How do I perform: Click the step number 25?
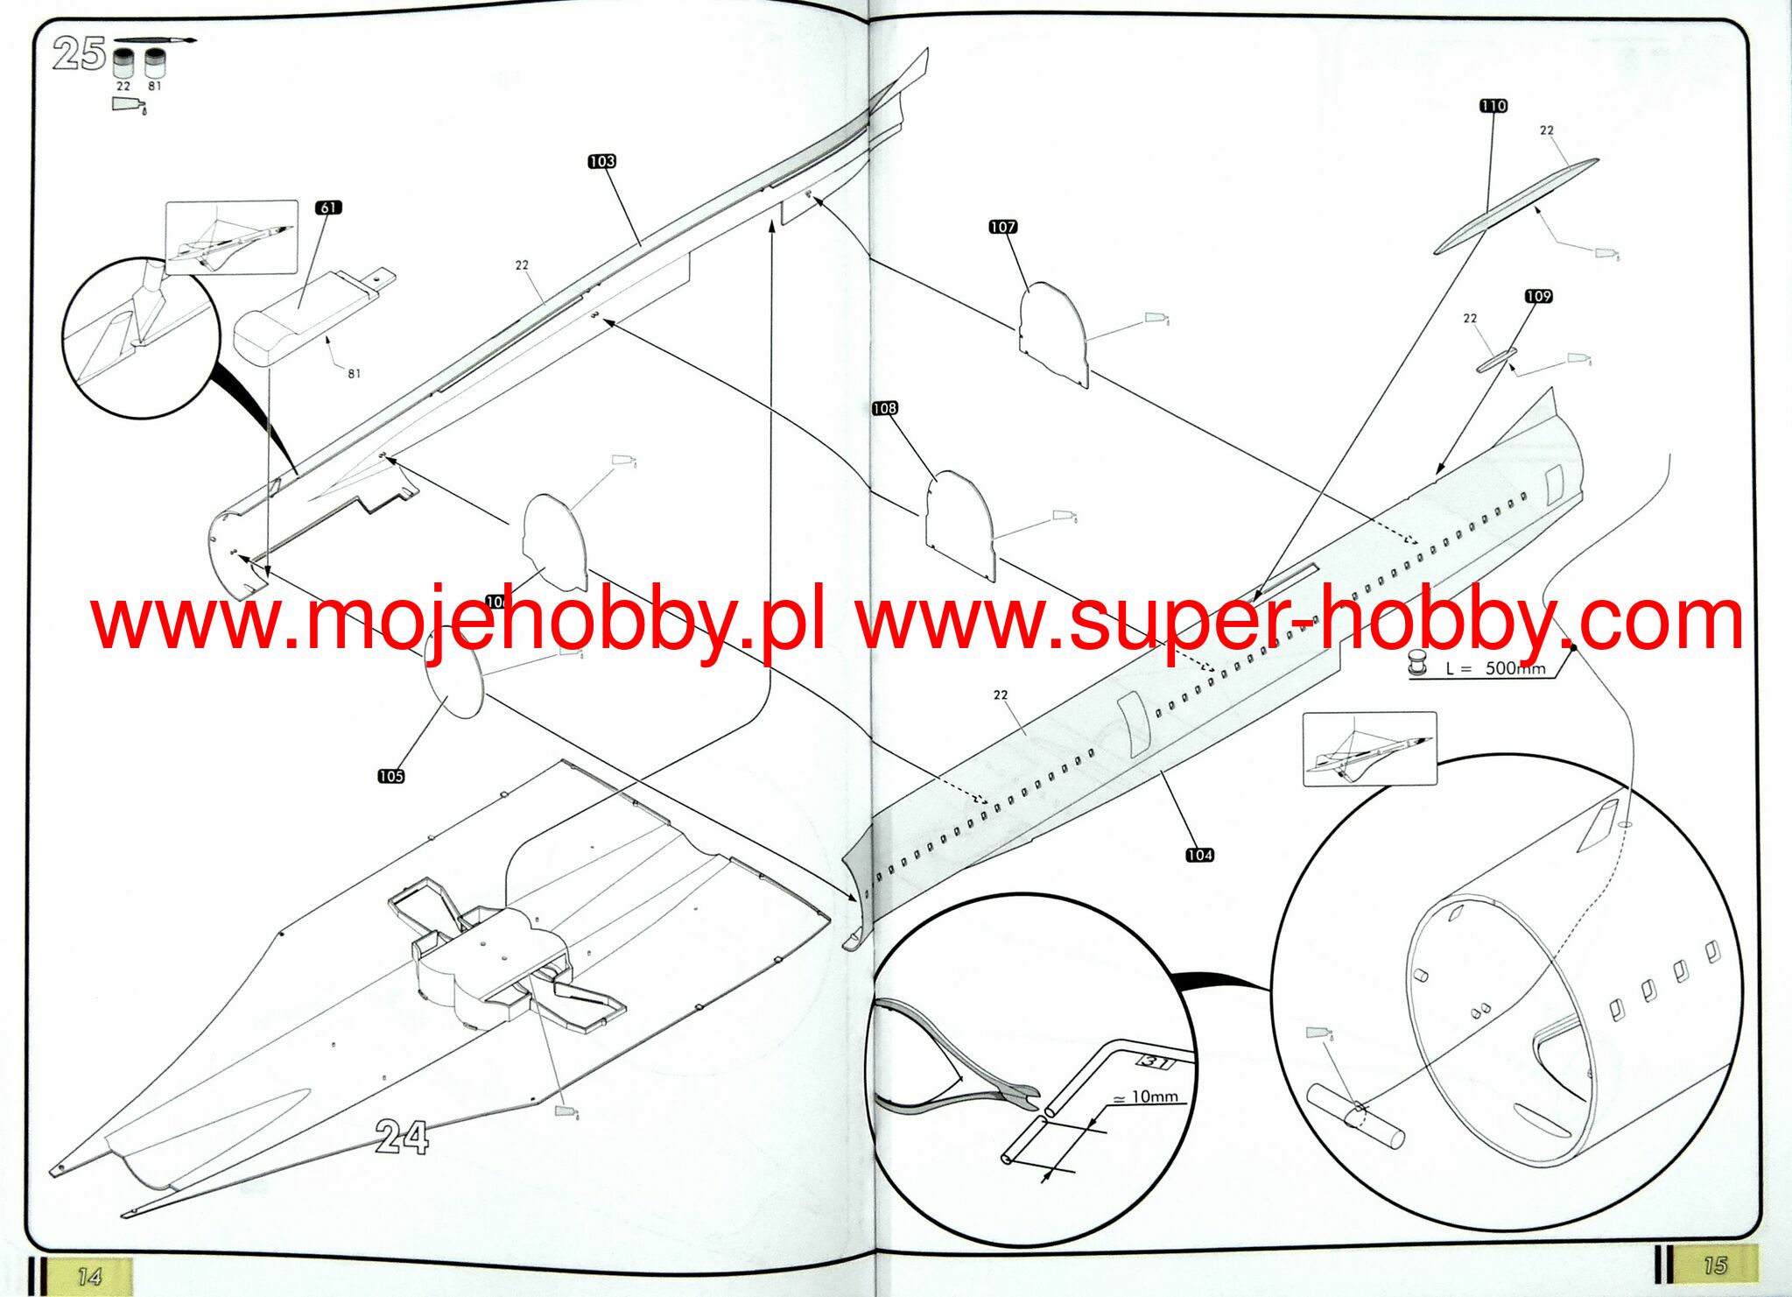[x=79, y=53]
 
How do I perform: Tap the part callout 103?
[x=601, y=161]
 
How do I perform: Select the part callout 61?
[x=328, y=208]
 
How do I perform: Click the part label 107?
[x=1002, y=227]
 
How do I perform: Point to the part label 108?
[x=884, y=408]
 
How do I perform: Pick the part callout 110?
[x=1493, y=106]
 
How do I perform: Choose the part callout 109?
[x=1538, y=296]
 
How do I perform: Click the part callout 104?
[x=1199, y=855]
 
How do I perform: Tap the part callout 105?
[x=390, y=776]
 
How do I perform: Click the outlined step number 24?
[x=402, y=1138]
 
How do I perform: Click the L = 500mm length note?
[x=1495, y=668]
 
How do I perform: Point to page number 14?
[x=90, y=1277]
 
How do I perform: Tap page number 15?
[x=1713, y=1265]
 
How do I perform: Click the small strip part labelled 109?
[x=1496, y=359]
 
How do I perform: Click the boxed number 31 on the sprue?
[x=1155, y=1062]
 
